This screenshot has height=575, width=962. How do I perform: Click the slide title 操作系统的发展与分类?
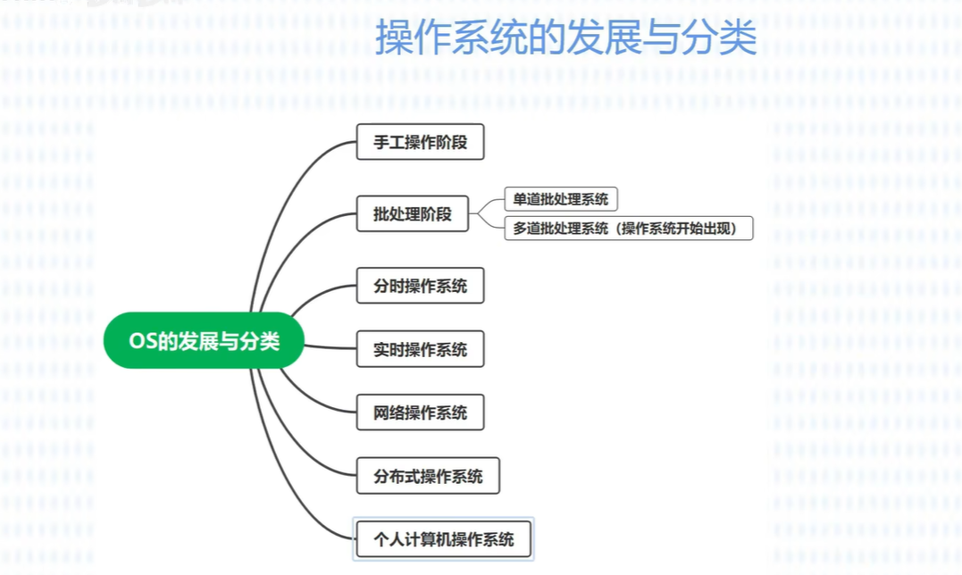tap(565, 38)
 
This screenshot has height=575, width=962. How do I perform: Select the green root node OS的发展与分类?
tap(204, 340)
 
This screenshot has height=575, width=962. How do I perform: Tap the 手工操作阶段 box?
tap(420, 142)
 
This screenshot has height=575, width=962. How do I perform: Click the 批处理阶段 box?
tap(412, 214)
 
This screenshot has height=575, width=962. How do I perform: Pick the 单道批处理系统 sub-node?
tap(560, 200)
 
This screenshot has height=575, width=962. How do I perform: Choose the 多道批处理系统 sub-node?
tap(628, 229)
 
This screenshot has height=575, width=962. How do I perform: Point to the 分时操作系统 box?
tap(420, 286)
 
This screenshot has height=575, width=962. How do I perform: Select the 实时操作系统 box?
tap(420, 349)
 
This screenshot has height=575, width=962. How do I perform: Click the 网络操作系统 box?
tap(420, 412)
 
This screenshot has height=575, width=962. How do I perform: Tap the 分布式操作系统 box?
tap(428, 476)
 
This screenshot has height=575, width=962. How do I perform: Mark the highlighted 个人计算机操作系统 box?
tap(444, 538)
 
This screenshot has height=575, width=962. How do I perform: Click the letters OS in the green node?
tap(143, 341)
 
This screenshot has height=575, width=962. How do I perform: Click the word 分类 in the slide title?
tap(724, 38)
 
